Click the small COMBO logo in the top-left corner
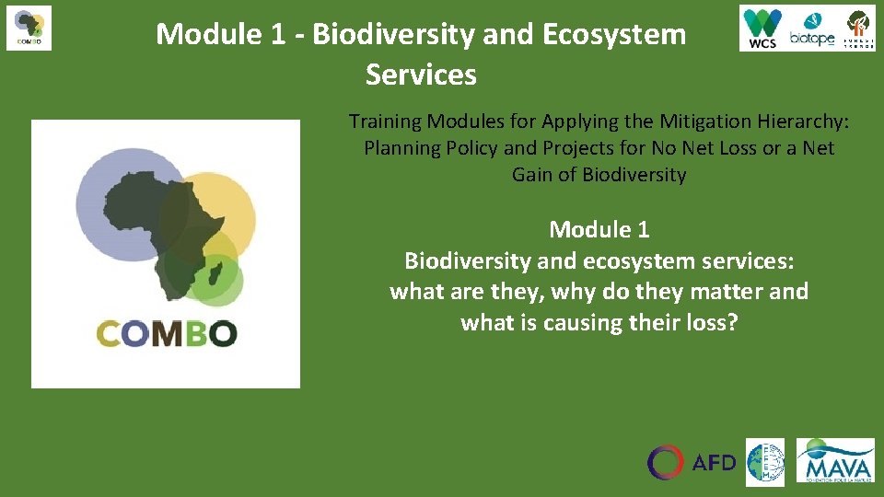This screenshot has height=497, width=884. tap(29, 28)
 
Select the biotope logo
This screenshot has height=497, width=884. tap(811, 29)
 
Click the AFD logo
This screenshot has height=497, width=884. tap(692, 462)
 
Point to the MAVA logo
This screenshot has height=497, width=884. tap(835, 460)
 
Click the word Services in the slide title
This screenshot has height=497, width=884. tap(421, 75)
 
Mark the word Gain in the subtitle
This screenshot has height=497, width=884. tap(532, 175)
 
